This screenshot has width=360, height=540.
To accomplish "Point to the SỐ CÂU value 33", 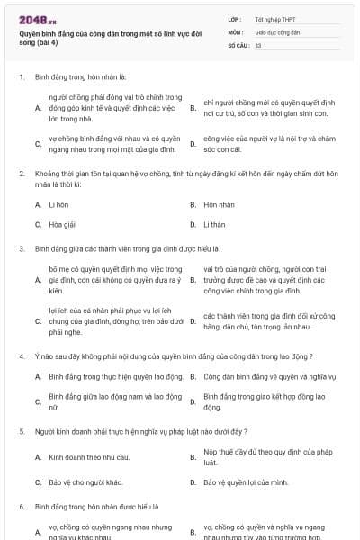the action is click(258, 44).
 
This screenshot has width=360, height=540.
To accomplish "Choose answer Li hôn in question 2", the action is click(58, 204).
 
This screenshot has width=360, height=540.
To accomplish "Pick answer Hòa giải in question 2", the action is click(61, 224).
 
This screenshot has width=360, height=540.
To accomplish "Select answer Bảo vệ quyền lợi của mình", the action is click(246, 482).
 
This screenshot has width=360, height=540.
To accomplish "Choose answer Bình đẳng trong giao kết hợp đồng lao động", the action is click(262, 400).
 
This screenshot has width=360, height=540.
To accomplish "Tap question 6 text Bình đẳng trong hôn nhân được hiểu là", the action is click(96, 507).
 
